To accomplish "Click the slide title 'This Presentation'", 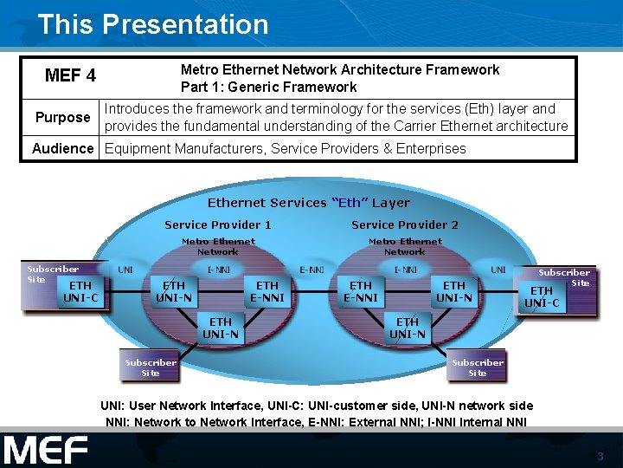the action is click(x=153, y=24).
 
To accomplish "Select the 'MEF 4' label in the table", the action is click(x=70, y=76).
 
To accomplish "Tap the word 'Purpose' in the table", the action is click(x=62, y=117).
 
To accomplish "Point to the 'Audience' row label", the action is click(x=62, y=148).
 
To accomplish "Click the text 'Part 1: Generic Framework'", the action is click(x=268, y=87).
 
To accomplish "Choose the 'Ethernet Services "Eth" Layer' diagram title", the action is click(x=308, y=203).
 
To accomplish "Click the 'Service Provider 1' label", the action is click(x=217, y=224).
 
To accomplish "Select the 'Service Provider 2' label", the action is click(x=405, y=224).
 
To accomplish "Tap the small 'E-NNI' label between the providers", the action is click(x=312, y=270).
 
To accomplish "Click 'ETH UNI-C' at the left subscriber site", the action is click(x=80, y=291).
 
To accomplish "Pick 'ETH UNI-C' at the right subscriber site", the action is click(x=542, y=296).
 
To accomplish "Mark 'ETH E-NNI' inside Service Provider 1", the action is click(x=267, y=291).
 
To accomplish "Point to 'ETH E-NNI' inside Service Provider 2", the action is click(x=361, y=291).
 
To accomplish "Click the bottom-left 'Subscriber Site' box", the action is click(x=151, y=367).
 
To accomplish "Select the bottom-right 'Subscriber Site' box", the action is click(x=477, y=367).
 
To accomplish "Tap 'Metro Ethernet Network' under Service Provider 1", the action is click(x=218, y=246).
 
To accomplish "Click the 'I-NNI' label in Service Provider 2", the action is click(x=405, y=270).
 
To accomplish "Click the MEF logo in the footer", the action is click(x=45, y=451).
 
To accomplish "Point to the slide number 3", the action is click(x=599, y=456).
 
